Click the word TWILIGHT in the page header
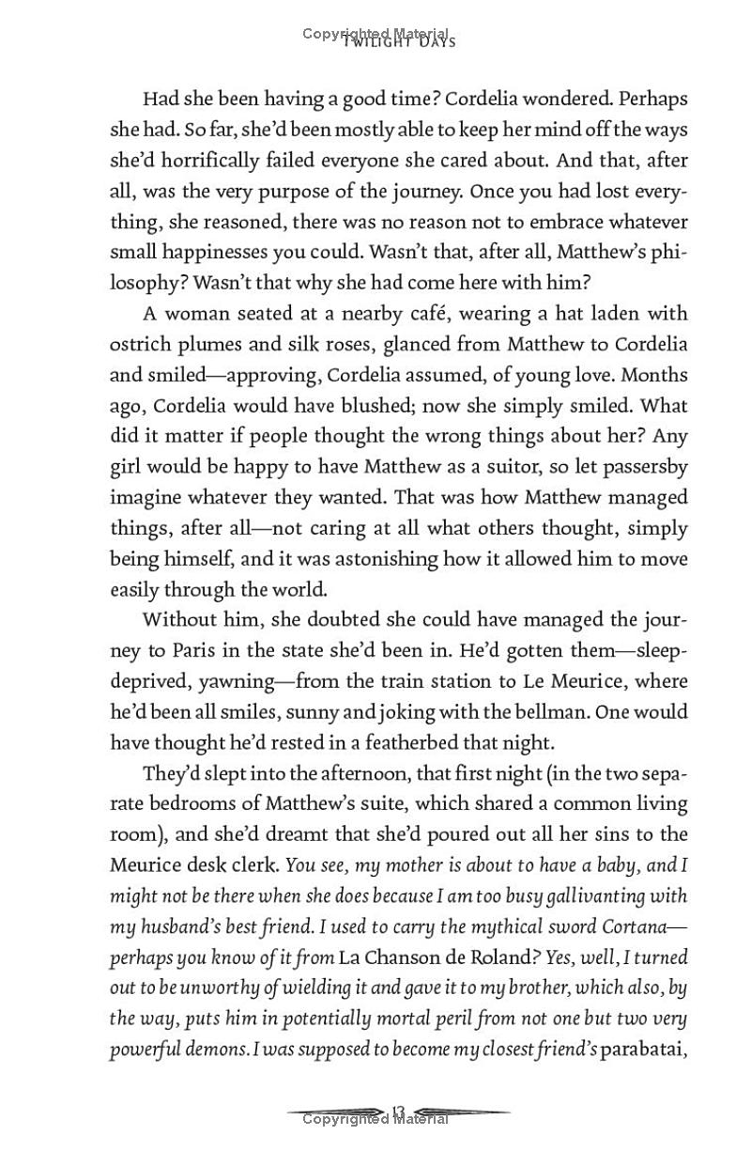click(x=375, y=41)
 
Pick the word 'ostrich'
click(x=141, y=344)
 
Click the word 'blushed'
click(x=375, y=406)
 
